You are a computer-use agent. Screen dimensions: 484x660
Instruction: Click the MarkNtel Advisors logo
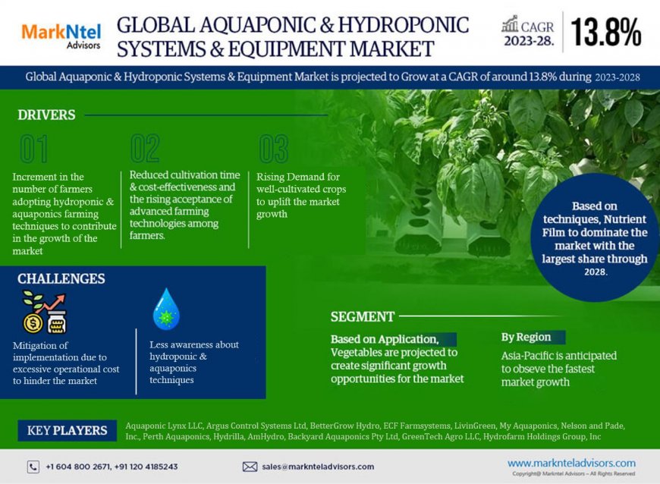[52, 33]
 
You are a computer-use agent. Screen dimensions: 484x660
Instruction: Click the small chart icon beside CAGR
[510, 25]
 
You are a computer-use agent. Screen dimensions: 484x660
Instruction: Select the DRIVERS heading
[46, 115]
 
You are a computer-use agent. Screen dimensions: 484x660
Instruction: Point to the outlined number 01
[33, 149]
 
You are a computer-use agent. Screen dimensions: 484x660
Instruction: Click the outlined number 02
[145, 149]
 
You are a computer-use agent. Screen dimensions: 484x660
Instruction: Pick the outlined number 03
[273, 149]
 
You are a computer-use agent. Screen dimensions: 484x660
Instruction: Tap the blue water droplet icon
[165, 309]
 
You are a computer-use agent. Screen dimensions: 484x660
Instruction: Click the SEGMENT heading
[363, 316]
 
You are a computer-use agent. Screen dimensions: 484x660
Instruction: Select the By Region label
[526, 337]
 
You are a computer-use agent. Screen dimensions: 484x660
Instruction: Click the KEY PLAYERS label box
[67, 430]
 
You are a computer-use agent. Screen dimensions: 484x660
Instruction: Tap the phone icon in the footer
[33, 467]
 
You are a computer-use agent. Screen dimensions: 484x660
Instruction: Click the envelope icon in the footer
[250, 467]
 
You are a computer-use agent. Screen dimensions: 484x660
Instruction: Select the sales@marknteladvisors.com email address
[318, 467]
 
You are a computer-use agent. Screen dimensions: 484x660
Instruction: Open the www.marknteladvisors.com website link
[571, 463]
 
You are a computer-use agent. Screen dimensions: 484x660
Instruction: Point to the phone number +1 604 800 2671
[79, 467]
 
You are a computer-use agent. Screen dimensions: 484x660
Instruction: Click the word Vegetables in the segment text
[359, 353]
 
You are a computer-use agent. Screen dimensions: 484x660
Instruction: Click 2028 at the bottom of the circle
[596, 271]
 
